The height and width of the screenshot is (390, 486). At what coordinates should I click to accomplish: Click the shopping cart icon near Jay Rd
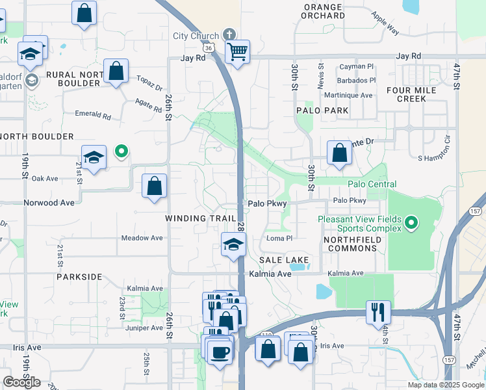pos(238,51)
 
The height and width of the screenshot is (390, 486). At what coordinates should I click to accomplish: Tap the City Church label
pos(196,36)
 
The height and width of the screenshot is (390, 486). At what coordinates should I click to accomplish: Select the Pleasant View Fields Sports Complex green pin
pos(411,224)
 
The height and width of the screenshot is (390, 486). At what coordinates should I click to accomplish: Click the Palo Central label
pos(372,185)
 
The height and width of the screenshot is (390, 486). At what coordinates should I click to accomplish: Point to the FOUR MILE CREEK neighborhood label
pos(415,94)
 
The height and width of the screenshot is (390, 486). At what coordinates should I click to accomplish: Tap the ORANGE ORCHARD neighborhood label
pos(323,11)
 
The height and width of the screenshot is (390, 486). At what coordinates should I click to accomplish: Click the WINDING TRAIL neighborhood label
pos(195,218)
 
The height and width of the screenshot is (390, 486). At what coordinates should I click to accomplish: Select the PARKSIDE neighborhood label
pos(79,277)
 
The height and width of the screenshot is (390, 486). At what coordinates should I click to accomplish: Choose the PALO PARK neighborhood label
pos(322,110)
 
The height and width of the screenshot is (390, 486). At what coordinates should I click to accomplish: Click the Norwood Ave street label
pos(49,202)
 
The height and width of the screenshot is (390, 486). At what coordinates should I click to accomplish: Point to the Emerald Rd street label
pos(93,115)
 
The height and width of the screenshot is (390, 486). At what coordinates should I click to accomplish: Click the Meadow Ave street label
pos(142,238)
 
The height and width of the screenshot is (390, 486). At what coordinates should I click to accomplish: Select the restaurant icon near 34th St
pos(377,312)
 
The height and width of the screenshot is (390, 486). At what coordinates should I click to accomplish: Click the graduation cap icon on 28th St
pos(233,244)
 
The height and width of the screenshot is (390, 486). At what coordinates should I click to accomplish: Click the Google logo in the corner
pos(21,382)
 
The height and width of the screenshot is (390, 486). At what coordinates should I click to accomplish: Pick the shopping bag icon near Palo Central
pos(339,154)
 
